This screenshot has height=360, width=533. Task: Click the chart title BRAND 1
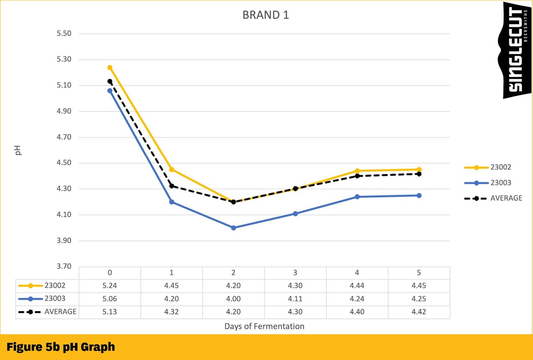pos(266,15)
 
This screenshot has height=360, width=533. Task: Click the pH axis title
pos(18,150)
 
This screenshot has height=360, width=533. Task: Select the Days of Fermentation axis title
pos(264,326)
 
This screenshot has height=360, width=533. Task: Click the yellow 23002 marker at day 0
pos(110,68)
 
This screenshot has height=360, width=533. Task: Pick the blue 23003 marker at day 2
pos(234,228)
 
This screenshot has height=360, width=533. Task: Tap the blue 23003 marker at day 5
pos(419,195)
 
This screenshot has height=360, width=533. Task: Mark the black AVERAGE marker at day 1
pos(172,186)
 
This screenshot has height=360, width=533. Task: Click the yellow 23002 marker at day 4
pos(357,171)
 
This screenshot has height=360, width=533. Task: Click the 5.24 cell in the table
pos(110,286)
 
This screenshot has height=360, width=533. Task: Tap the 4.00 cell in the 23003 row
pos(234,299)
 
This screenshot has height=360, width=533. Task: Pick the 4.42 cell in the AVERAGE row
pos(419,312)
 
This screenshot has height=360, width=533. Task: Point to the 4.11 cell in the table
pos(295,299)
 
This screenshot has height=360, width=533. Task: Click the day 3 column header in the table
pos(295,273)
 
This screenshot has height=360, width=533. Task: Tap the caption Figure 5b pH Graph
pos(61,347)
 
